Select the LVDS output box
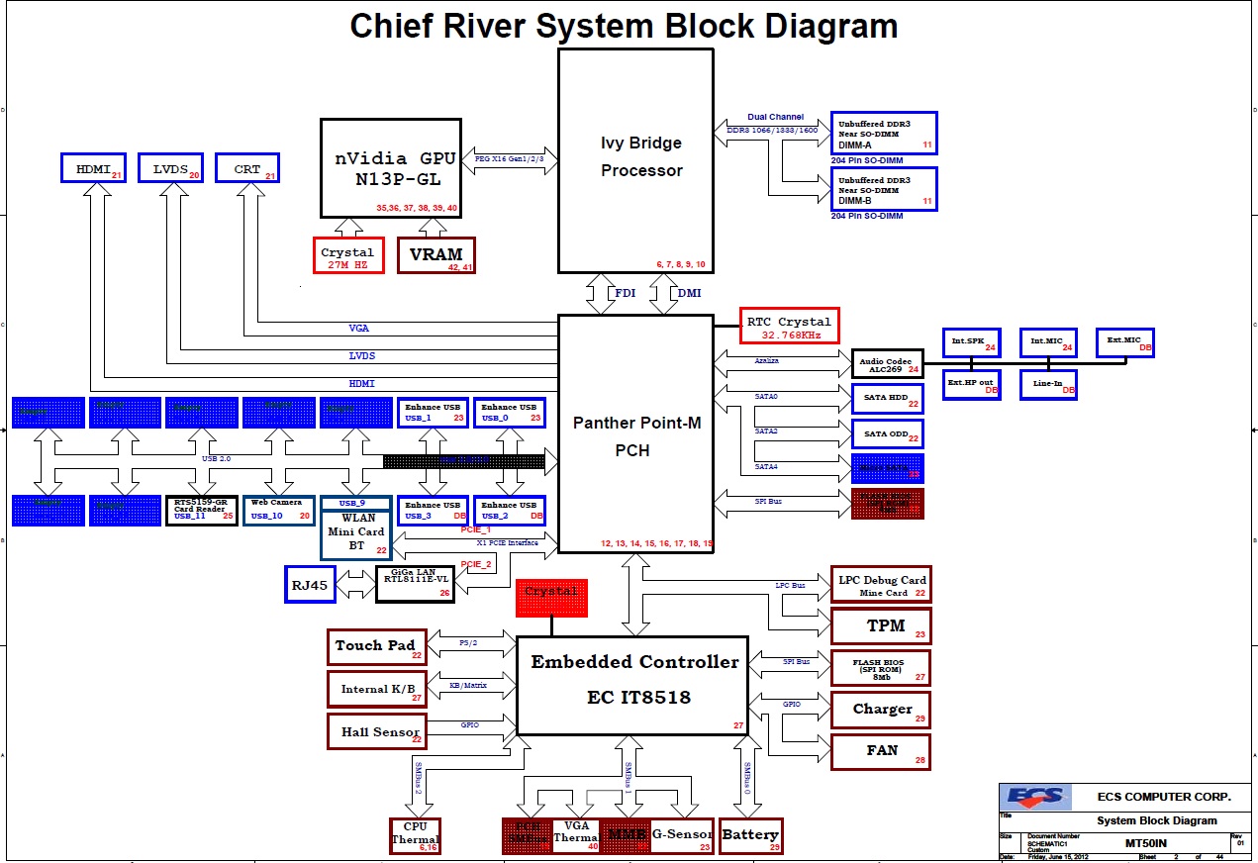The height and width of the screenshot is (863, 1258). point(170,168)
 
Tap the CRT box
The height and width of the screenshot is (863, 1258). point(246,168)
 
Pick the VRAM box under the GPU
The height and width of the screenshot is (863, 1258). point(435,255)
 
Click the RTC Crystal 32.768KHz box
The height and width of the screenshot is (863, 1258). point(789,327)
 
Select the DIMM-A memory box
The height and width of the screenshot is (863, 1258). point(884,133)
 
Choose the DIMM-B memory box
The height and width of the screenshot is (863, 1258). point(884,188)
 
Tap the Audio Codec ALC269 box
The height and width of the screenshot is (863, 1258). point(887,363)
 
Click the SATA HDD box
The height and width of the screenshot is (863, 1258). point(887,399)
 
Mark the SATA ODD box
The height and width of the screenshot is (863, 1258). point(887,433)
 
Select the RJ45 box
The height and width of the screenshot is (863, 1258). point(310,584)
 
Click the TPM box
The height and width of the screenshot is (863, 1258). point(880,626)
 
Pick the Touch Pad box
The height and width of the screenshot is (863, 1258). point(376,646)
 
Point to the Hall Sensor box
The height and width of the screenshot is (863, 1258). point(376,731)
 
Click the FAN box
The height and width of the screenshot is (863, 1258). point(880,751)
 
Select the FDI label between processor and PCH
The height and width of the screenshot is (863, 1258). point(626,293)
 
